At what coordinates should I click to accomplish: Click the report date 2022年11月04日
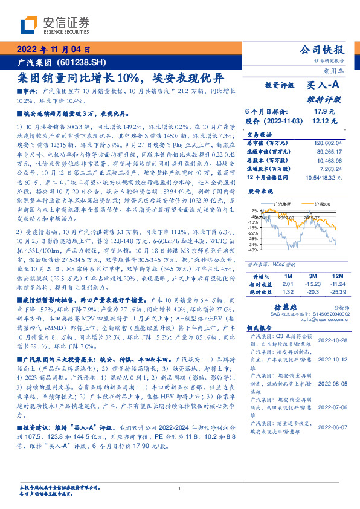click(55, 50)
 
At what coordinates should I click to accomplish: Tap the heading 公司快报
click(321, 50)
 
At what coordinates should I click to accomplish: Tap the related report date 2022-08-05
click(332, 383)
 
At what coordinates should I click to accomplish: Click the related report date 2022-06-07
click(332, 427)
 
